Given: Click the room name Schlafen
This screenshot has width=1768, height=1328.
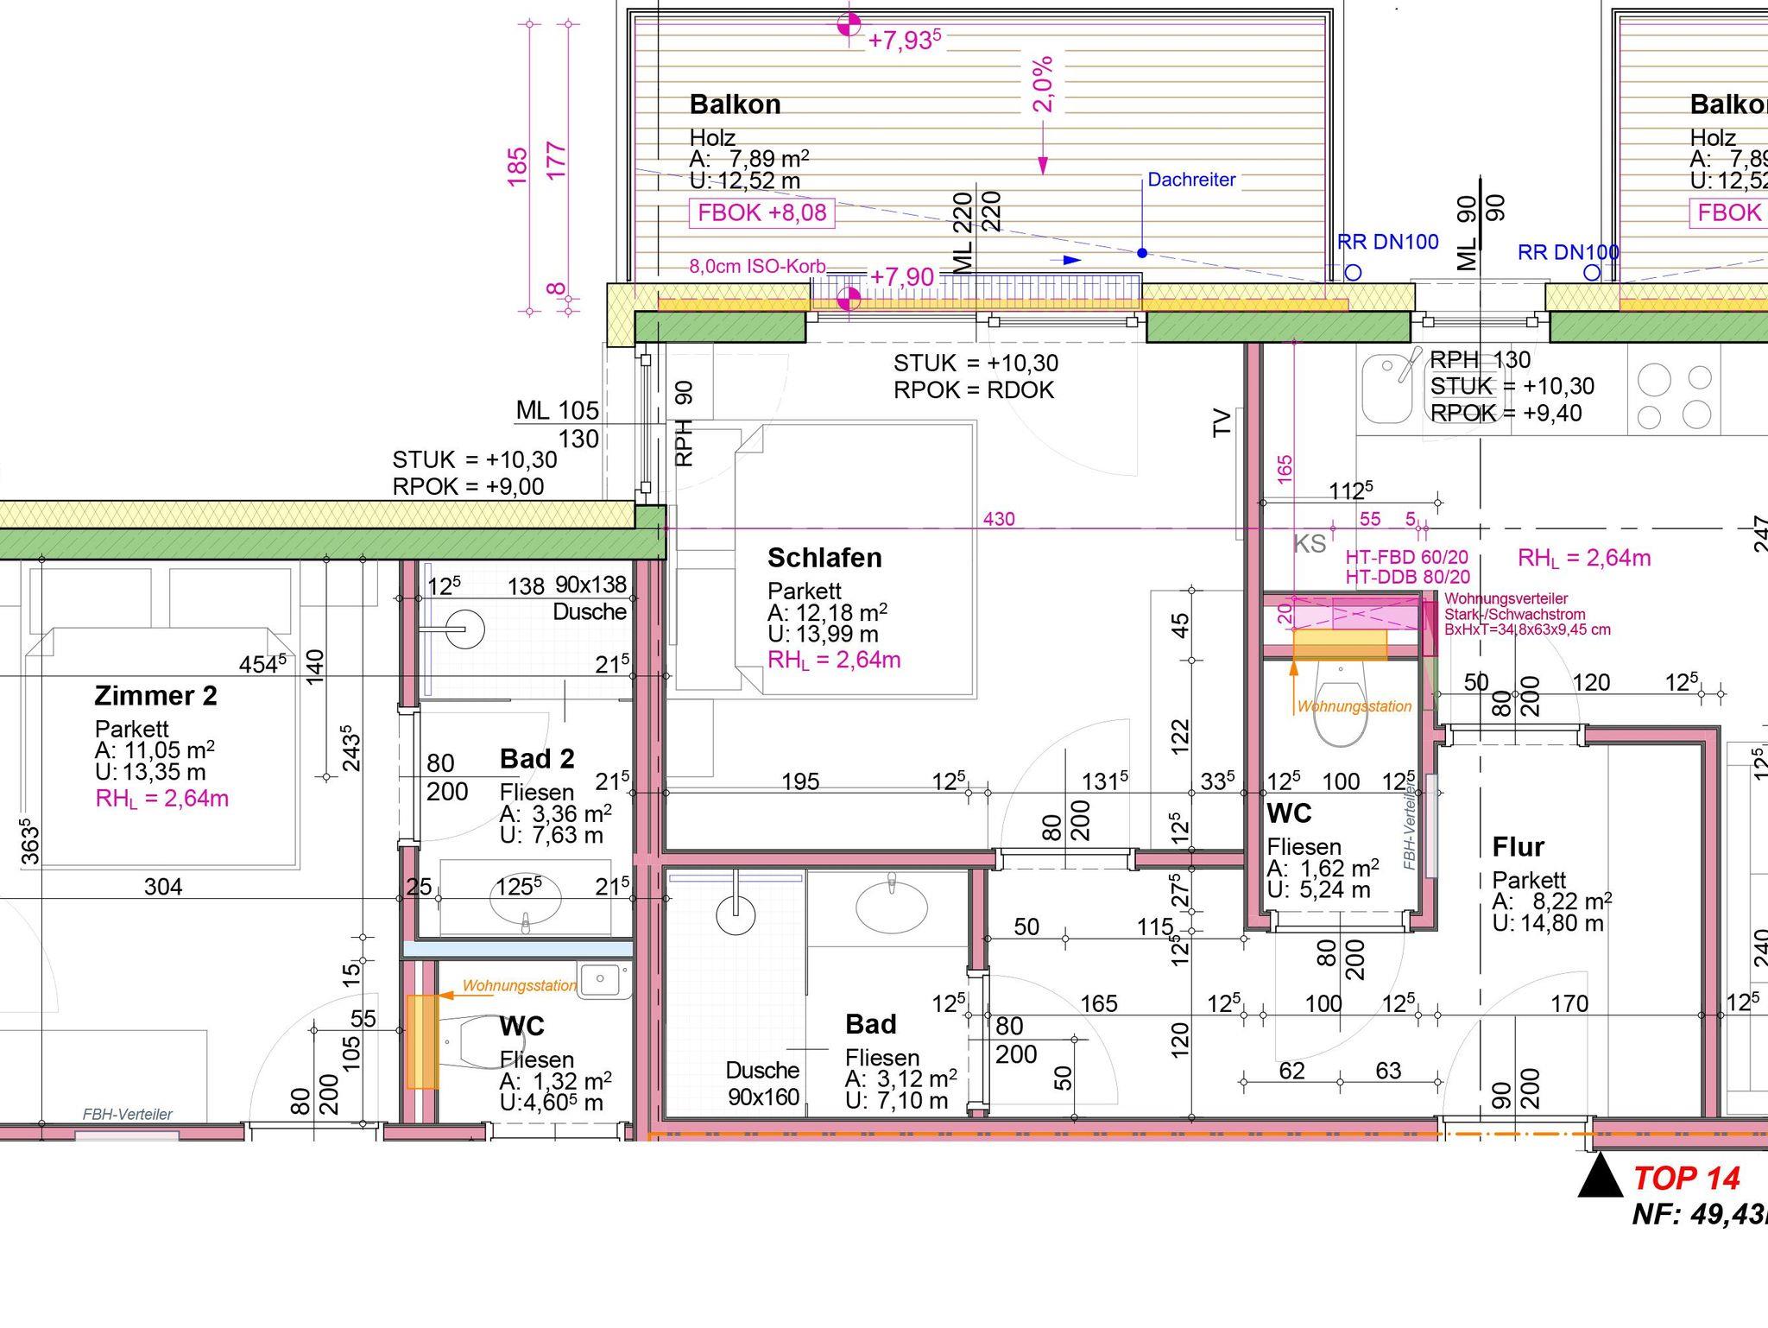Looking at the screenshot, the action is tap(824, 558).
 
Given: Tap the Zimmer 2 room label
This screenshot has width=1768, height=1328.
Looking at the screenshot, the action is tap(155, 695).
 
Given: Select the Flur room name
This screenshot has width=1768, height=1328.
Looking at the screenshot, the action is tap(1518, 847).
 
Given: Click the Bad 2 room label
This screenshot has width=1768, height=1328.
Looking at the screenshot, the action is tap(537, 759).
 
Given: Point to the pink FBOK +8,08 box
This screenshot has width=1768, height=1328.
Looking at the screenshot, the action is tap(761, 212).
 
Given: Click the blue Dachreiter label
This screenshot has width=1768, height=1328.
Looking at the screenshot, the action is tap(1191, 180).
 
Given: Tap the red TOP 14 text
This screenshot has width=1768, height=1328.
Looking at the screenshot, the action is tap(1686, 1178).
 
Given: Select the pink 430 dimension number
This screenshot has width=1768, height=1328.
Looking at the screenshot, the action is tap(999, 519).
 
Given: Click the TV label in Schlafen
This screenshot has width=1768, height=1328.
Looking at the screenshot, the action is tap(1222, 423).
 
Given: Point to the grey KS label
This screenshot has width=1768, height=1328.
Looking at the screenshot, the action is tap(1310, 544).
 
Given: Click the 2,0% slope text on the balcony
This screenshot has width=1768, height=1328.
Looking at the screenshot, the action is tap(1043, 85).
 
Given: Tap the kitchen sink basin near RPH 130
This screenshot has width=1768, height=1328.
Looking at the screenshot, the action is tap(1386, 389).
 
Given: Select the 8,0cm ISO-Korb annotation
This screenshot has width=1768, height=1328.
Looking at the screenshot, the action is tap(757, 266).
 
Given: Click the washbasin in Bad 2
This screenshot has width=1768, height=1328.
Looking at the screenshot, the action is tap(526, 899).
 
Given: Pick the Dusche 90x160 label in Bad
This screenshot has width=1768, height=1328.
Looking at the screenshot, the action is tap(763, 1084).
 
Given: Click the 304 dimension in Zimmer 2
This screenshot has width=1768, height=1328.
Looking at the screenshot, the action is tap(163, 887).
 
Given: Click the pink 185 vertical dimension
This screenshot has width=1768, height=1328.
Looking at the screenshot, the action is tap(517, 167).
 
